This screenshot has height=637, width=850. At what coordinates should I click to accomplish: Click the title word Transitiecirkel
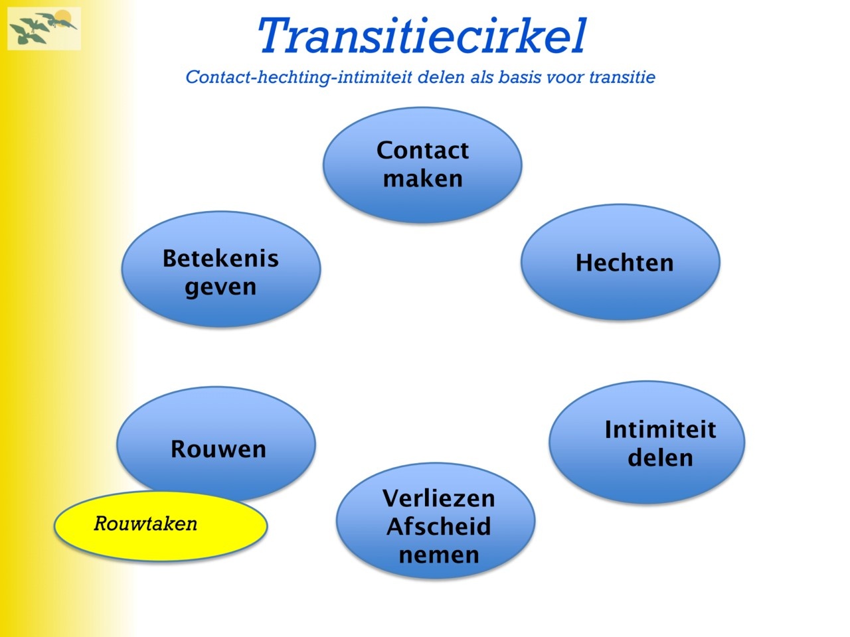pyautogui.click(x=422, y=36)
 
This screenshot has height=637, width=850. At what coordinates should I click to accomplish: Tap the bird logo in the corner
pyautogui.click(x=44, y=29)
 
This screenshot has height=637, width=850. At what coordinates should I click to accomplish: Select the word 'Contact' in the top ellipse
pyautogui.click(x=422, y=150)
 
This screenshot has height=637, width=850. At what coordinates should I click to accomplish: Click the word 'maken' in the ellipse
pyautogui.click(x=423, y=178)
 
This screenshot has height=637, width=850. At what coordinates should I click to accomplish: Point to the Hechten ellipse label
pyautogui.click(x=625, y=263)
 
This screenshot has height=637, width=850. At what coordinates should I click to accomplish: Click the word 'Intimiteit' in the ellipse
pyautogui.click(x=660, y=429)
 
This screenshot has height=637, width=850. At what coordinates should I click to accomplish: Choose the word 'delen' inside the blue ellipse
pyautogui.click(x=660, y=458)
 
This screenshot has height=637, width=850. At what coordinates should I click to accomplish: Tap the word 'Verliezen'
pyautogui.click(x=439, y=498)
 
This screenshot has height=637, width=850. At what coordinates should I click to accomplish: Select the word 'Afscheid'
pyautogui.click(x=439, y=526)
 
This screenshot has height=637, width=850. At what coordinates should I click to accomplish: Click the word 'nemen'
pyautogui.click(x=439, y=555)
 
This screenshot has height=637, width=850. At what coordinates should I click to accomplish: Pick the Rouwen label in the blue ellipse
pyautogui.click(x=218, y=449)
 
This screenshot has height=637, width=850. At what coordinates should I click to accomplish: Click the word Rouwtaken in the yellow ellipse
pyautogui.click(x=145, y=524)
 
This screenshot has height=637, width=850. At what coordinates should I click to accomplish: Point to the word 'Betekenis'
pyautogui.click(x=220, y=258)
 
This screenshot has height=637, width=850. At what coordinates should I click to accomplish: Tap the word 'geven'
pyautogui.click(x=220, y=288)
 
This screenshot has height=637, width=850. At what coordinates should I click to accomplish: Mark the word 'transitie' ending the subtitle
pyautogui.click(x=622, y=77)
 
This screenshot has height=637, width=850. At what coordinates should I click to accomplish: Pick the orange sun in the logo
pyautogui.click(x=62, y=17)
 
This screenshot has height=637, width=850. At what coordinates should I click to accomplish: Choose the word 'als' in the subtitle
pyautogui.click(x=483, y=77)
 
